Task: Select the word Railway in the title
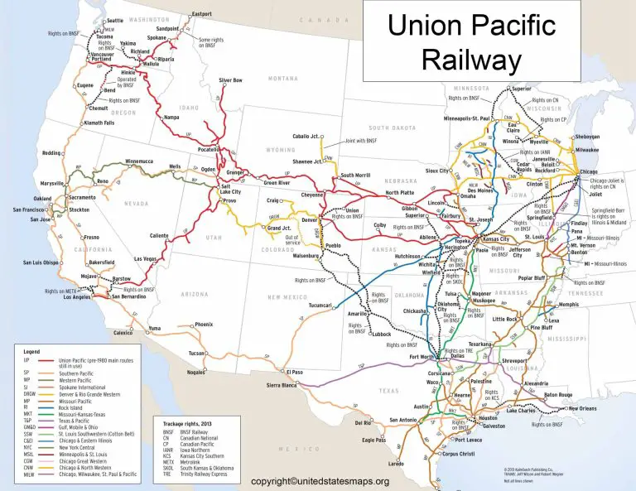471,60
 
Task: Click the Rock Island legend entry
72,406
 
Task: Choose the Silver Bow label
231,80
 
